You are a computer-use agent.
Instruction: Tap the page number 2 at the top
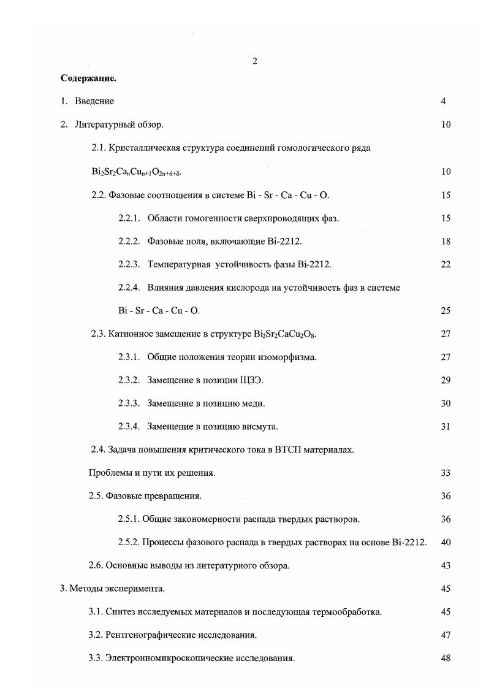(x=254, y=60)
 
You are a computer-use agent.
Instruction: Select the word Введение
(x=94, y=101)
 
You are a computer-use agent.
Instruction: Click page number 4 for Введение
(x=443, y=101)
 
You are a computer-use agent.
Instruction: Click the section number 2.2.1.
(x=129, y=218)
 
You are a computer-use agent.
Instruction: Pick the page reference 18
(x=446, y=242)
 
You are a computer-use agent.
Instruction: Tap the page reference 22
(x=446, y=264)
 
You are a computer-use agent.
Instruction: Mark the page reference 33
(x=446, y=473)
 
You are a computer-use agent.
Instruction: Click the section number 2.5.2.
(x=129, y=542)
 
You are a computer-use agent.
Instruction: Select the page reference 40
(x=446, y=542)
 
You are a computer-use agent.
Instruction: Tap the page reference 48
(x=446, y=658)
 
